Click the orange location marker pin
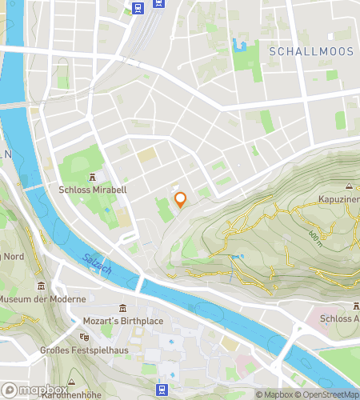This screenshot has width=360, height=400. pyautogui.click(x=181, y=200)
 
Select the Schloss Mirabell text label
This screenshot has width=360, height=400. pyautogui.click(x=93, y=190)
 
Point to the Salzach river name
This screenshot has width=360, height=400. pyautogui.click(x=97, y=266)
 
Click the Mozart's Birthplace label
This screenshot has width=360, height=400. pyautogui.click(x=122, y=321)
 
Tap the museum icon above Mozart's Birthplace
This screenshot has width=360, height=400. pyautogui.click(x=122, y=309)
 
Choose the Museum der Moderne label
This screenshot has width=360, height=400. pyautogui.click(x=42, y=299)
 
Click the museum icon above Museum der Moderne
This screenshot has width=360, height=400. pyautogui.click(x=40, y=286)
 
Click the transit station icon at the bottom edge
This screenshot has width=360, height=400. pyautogui.click(x=162, y=390)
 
